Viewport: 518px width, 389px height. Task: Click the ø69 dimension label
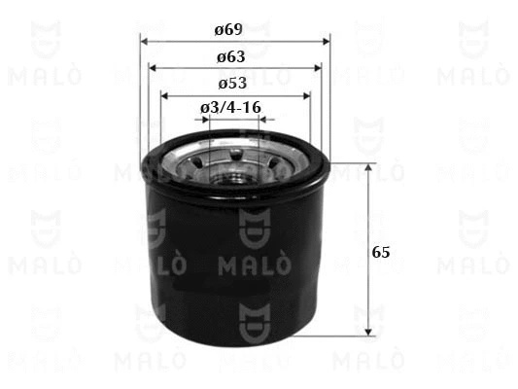[228, 29]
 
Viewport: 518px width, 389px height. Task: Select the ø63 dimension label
[231, 56]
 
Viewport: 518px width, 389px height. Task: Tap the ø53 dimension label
[232, 84]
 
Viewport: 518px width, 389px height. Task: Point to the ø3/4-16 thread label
[230, 107]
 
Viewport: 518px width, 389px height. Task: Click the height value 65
[381, 253]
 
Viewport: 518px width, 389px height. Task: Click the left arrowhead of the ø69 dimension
[144, 42]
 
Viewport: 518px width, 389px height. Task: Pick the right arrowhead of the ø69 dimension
[327, 42]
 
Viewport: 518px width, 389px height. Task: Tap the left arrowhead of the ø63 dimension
[153, 68]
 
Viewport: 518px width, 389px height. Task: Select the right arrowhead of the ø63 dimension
[318, 68]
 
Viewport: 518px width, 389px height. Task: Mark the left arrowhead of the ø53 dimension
[164, 96]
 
